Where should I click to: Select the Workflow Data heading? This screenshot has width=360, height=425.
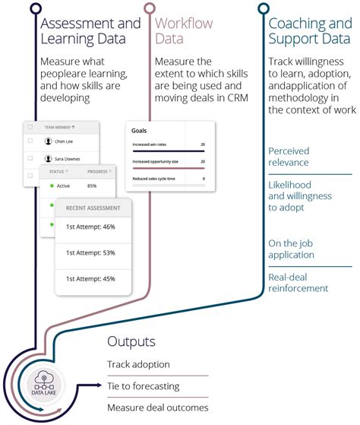coord(184,30)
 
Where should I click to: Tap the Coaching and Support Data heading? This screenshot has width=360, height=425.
coord(309,30)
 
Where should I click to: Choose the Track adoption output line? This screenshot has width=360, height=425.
coord(138,365)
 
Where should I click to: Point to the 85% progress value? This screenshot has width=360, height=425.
coord(92,186)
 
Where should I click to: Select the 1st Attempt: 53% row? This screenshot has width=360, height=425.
coord(90,252)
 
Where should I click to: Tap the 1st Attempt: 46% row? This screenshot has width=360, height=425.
coord(90,227)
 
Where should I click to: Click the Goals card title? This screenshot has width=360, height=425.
coord(140,131)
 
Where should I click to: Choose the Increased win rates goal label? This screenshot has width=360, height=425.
coord(152,143)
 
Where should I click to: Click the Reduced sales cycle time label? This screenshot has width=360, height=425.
coord(155,179)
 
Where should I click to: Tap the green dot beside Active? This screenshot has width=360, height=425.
coord(52,186)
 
